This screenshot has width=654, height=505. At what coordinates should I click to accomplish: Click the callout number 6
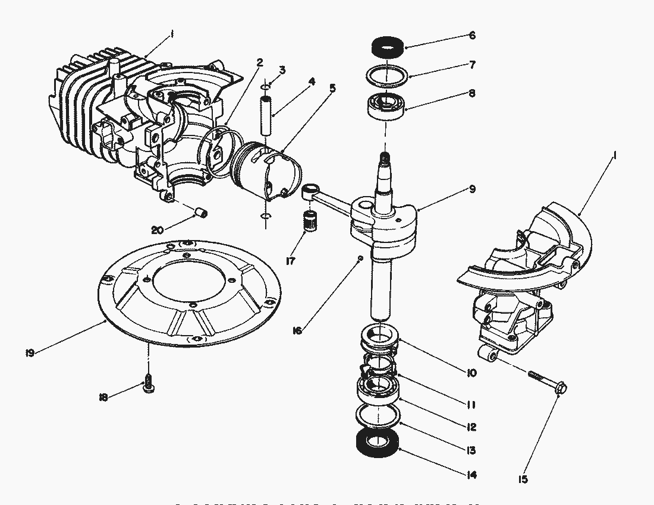point(472,35)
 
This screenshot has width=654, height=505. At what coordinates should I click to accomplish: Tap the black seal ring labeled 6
point(388,45)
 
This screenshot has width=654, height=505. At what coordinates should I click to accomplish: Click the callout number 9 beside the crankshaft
point(471,190)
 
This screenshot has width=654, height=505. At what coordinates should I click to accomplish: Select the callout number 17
point(291,260)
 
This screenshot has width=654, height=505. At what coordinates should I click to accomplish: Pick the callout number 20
point(156,230)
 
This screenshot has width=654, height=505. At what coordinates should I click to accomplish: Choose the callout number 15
point(523,479)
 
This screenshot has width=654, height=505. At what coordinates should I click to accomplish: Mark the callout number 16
point(297,330)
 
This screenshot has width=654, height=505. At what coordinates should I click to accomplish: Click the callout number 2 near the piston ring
point(259,62)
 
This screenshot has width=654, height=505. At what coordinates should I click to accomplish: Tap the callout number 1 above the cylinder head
point(171,35)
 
